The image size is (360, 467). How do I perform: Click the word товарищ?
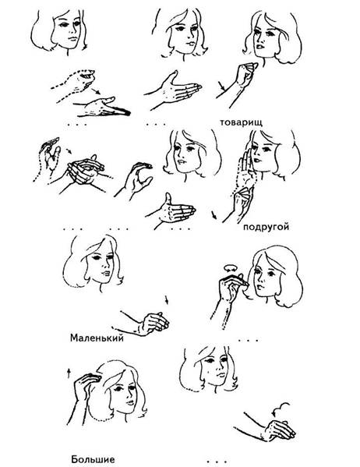click(242, 122)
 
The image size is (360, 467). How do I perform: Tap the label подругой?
click(266, 227)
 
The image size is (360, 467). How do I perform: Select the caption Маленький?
click(97, 338)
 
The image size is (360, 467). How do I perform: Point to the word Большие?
click(93, 459)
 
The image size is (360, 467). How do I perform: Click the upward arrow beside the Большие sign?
click(69, 373)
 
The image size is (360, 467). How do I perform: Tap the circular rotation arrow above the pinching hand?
click(231, 267)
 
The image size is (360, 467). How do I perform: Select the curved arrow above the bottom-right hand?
click(281, 409)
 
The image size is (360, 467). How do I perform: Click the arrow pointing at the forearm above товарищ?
click(221, 86)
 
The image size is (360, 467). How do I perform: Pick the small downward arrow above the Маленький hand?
click(167, 300)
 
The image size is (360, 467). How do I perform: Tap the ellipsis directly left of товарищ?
click(156, 124)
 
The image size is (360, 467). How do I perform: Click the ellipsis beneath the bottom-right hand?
click(217, 462)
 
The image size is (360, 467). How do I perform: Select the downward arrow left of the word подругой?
click(214, 215)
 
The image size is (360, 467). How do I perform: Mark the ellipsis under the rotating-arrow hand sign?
click(248, 340)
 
